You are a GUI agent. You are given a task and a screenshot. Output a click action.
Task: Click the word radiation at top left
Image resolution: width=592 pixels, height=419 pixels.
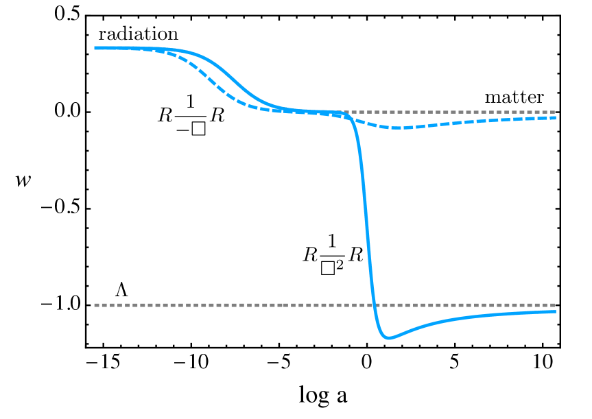click(x=138, y=34)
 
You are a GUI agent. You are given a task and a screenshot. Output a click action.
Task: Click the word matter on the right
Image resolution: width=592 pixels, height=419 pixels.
click(x=514, y=97)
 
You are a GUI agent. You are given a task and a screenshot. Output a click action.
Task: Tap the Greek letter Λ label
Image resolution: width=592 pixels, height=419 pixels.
click(x=121, y=291)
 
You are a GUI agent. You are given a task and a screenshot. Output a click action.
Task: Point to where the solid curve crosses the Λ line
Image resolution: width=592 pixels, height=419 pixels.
click(x=375, y=305)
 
